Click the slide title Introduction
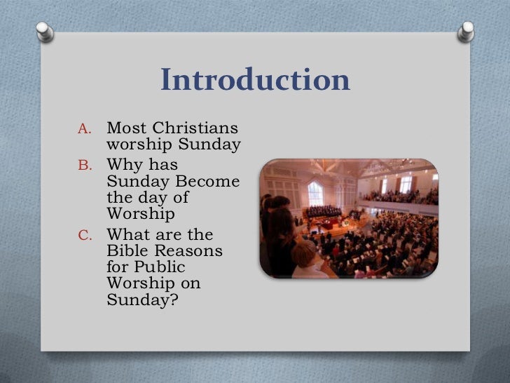tap(255, 81)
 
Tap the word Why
tap(124, 166)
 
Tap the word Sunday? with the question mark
tap(139, 301)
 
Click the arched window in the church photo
tap(315, 192)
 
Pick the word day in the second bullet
tap(146, 199)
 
